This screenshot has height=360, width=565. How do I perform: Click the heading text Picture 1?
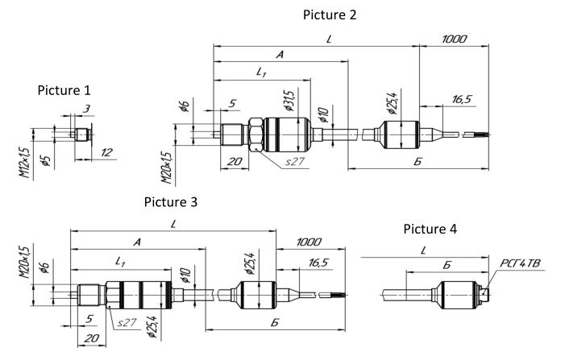click(64, 90)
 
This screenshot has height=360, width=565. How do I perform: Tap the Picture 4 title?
click(430, 230)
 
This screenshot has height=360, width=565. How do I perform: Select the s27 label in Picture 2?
click(296, 161)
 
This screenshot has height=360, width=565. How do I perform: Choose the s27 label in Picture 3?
click(127, 322)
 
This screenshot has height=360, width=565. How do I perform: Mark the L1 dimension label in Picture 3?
click(121, 262)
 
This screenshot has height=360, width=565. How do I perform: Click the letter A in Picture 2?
click(279, 55)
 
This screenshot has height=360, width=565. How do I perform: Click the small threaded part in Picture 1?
click(80, 134)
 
